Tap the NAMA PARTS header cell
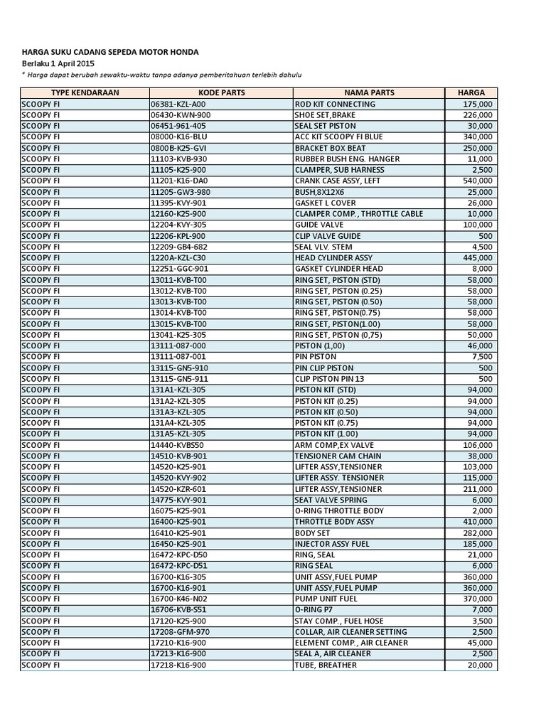pos(369,92)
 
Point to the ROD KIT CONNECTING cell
pos(335,104)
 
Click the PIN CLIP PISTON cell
pos(323,368)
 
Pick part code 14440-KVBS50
pos(177,445)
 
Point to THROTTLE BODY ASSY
pos(334,522)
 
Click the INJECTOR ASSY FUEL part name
pos(333,544)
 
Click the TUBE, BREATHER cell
pos(326,665)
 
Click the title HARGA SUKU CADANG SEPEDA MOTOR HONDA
pos(109,52)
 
